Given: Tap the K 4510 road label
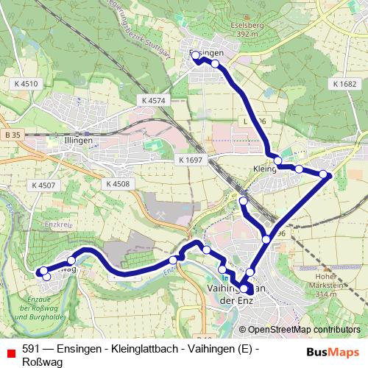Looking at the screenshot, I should (x=25, y=85).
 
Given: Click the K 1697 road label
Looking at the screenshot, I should (x=190, y=160).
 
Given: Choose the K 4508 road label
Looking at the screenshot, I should (x=117, y=184).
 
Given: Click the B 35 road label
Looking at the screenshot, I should (x=12, y=135).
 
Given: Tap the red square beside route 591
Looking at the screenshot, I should (x=10, y=352).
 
